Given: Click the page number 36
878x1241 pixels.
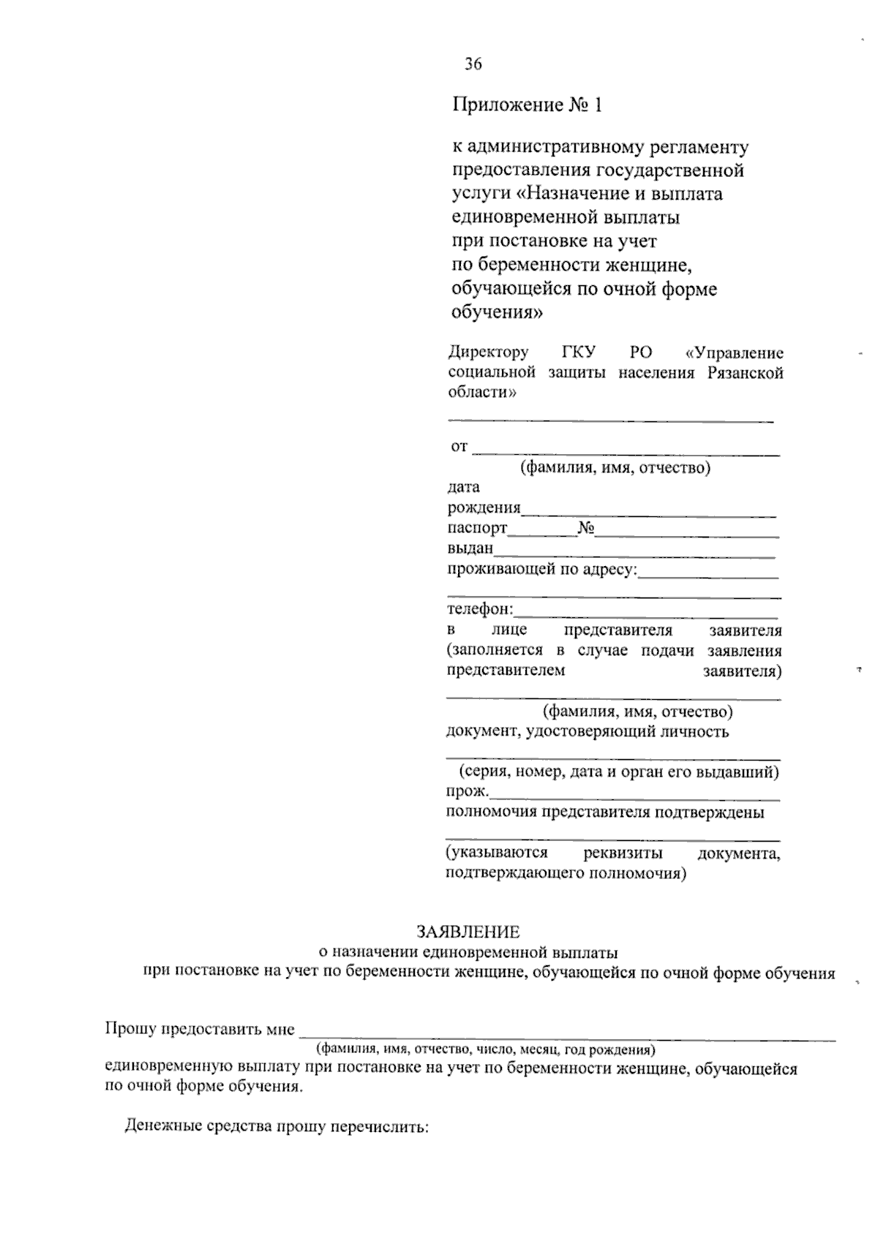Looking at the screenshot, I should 473,64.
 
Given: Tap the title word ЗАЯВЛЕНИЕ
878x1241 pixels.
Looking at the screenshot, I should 468,932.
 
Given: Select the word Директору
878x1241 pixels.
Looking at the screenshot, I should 488,352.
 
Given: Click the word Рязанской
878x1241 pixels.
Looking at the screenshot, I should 746,373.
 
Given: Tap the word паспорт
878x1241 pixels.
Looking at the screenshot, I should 477,528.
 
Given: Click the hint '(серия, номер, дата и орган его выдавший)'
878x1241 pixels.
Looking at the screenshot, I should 618,772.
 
